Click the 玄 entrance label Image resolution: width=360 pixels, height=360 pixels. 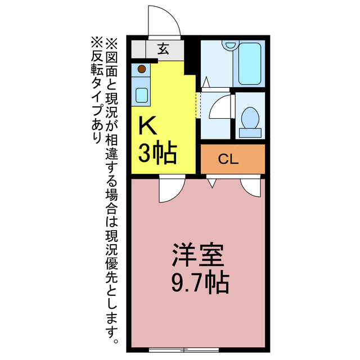[163, 49]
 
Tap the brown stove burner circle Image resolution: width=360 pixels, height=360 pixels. [142, 69]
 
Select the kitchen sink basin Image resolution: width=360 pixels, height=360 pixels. [142, 94]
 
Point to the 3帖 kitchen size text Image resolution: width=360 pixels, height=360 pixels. [157, 152]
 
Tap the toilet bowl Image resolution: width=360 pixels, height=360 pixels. [249, 119]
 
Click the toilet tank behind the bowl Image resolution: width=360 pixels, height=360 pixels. [250, 133]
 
